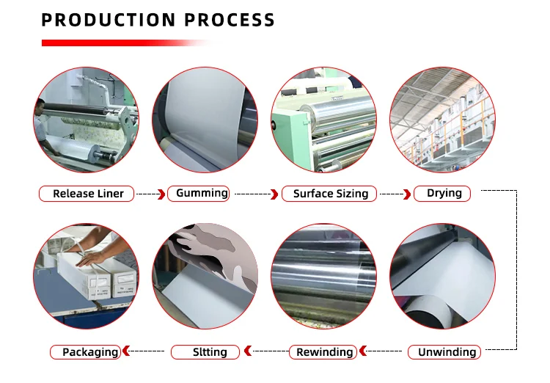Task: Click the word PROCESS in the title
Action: pyautogui.click(x=226, y=20)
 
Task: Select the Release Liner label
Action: pyautogui.click(x=87, y=194)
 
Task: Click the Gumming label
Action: pyautogui.click(x=199, y=193)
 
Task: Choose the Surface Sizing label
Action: pyautogui.click(x=329, y=194)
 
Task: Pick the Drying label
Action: pyautogui.click(x=441, y=193)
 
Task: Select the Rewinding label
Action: pyautogui.click(x=323, y=352)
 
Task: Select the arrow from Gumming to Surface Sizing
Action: pyautogui.click(x=257, y=194)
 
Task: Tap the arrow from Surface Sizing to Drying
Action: pyautogui.click(x=396, y=194)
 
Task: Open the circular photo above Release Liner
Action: pyautogui.click(x=87, y=120)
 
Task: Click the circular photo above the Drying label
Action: pyautogui.click(x=442, y=120)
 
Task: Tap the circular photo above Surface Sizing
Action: pyautogui.click(x=323, y=120)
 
